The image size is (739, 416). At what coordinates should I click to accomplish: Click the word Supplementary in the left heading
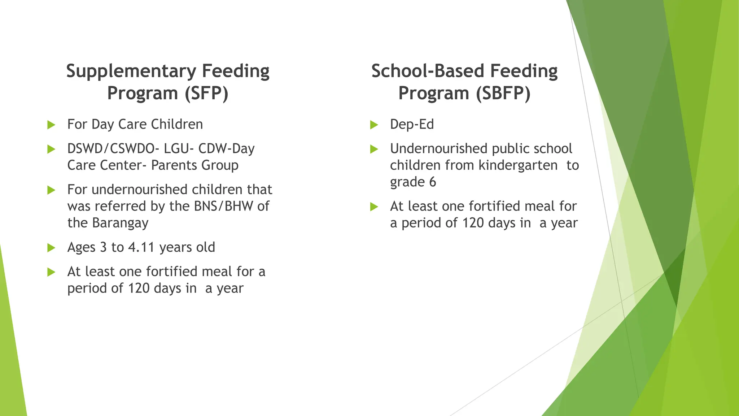coord(131,71)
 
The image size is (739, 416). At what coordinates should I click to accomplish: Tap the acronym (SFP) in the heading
coord(206,93)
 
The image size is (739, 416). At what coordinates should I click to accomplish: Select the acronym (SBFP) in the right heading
coord(503,93)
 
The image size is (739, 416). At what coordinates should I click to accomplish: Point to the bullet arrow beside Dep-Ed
coord(374,125)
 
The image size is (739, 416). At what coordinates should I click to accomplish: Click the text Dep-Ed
coord(412,124)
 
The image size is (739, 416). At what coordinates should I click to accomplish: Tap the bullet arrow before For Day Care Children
coord(51,125)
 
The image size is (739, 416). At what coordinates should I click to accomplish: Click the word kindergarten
coord(518,165)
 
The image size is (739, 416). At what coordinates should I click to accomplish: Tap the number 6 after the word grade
coord(432,182)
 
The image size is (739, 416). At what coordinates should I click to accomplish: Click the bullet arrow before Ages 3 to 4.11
coord(51,248)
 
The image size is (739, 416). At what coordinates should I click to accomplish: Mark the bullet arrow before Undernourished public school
coord(374,149)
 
